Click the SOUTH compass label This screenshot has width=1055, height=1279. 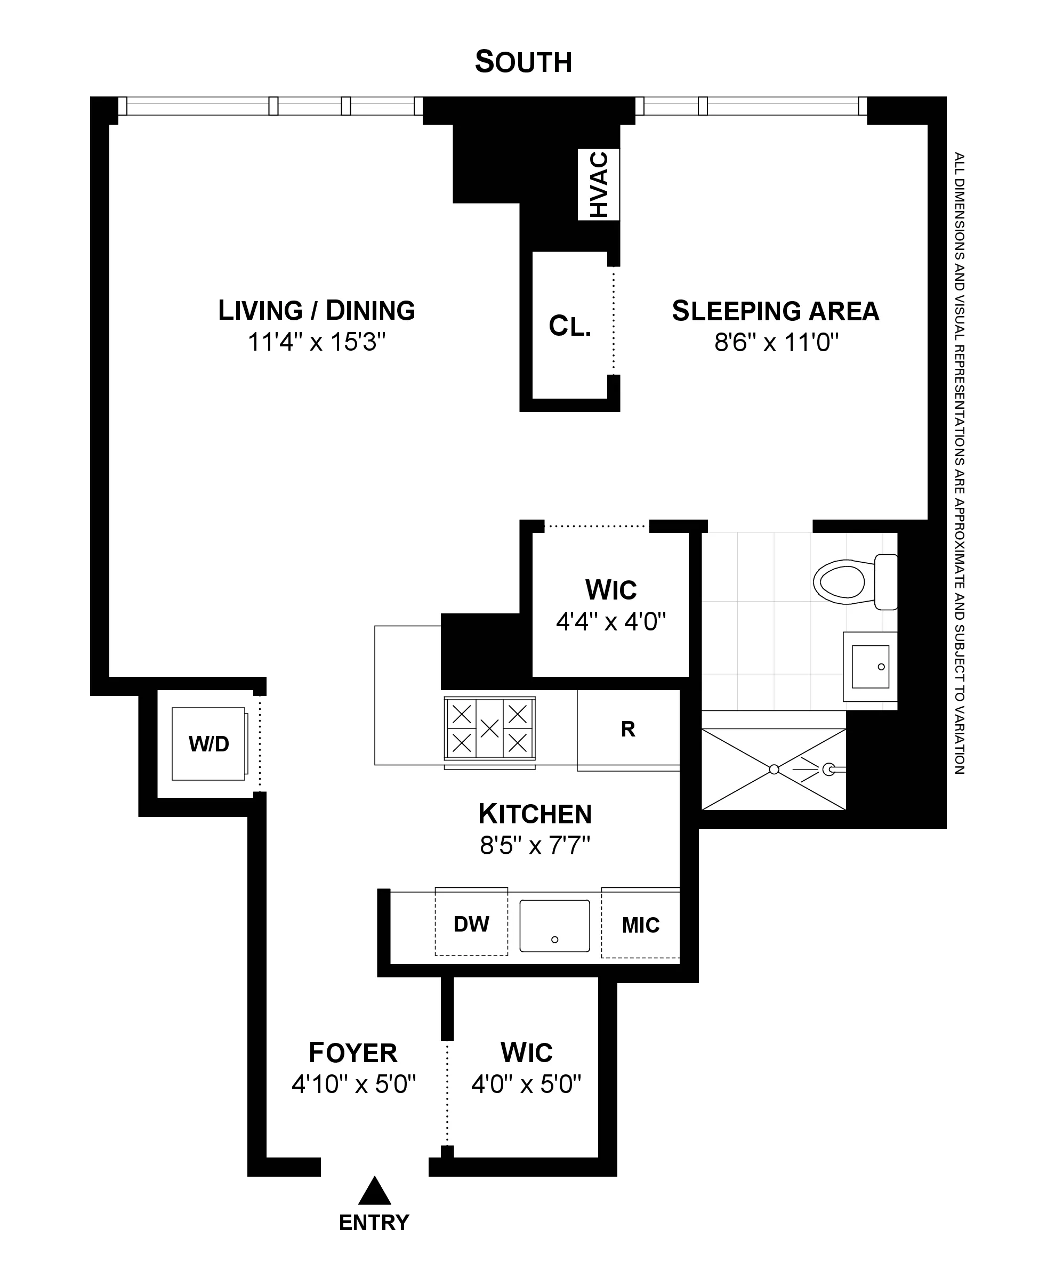(524, 62)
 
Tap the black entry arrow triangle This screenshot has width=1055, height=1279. (374, 1192)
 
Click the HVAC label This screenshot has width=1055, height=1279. (599, 185)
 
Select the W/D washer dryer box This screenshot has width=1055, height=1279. (208, 744)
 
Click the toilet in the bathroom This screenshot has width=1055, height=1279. (851, 582)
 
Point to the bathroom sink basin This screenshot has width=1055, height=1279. (870, 667)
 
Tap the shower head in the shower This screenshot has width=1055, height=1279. (829, 769)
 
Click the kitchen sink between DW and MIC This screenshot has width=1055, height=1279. (554, 925)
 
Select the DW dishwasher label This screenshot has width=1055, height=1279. (471, 924)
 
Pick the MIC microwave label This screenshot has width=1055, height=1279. (641, 925)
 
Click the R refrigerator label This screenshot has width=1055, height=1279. (628, 729)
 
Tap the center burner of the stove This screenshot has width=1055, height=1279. (490, 728)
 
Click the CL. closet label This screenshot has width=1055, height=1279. (569, 326)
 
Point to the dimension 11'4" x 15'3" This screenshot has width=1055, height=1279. (317, 343)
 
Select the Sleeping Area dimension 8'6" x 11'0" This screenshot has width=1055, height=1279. (776, 343)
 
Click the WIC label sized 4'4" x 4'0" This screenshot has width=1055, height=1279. (611, 590)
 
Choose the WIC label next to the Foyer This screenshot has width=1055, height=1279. (526, 1053)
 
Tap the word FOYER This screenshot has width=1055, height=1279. (353, 1053)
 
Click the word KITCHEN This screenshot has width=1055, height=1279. (535, 814)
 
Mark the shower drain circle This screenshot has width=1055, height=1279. (774, 769)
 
